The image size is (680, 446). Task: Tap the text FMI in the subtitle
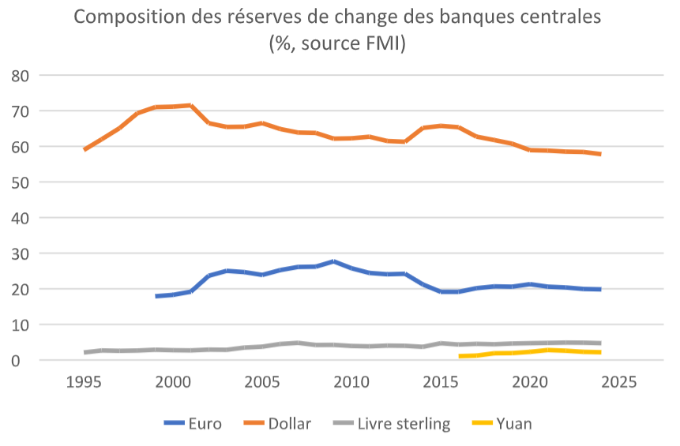[381, 44]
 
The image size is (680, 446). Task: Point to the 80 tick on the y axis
[21, 76]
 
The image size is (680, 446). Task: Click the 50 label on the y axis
[21, 182]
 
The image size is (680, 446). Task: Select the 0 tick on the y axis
[25, 361]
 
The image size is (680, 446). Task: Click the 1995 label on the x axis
[84, 383]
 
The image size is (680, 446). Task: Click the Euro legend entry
[205, 424]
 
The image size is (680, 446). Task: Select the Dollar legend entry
[289, 424]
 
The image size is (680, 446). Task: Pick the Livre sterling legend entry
[403, 424]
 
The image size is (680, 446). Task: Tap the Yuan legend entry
[513, 424]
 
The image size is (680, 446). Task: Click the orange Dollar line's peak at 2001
[190, 105]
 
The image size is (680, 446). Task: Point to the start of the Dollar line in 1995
[85, 149]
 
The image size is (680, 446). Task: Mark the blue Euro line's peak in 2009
[333, 261]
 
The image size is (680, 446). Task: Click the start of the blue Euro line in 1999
[156, 296]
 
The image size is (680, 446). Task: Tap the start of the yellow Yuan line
[460, 357]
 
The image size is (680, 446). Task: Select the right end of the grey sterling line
[601, 343]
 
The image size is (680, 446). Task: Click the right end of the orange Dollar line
[601, 154]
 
